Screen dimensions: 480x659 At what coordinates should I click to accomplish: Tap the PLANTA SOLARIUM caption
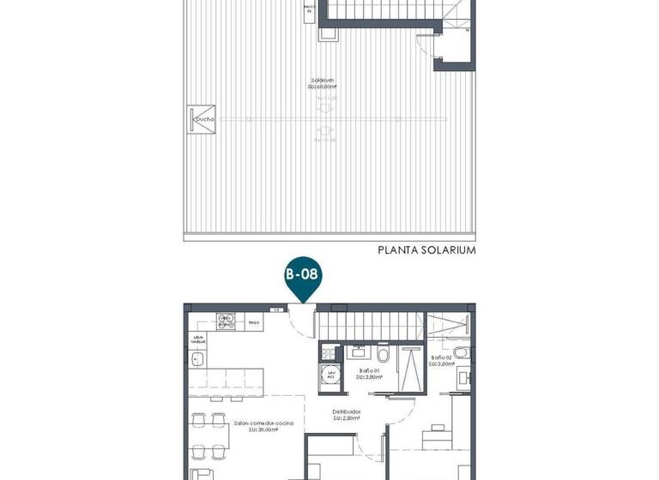point(426,251)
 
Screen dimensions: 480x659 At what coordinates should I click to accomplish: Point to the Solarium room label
point(323,84)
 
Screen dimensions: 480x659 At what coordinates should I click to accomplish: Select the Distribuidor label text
point(346,414)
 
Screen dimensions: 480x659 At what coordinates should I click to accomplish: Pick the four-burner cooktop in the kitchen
point(226,322)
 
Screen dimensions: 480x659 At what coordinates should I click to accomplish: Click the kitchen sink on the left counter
point(197,362)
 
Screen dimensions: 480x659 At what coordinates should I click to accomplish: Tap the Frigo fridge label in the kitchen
point(253,323)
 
